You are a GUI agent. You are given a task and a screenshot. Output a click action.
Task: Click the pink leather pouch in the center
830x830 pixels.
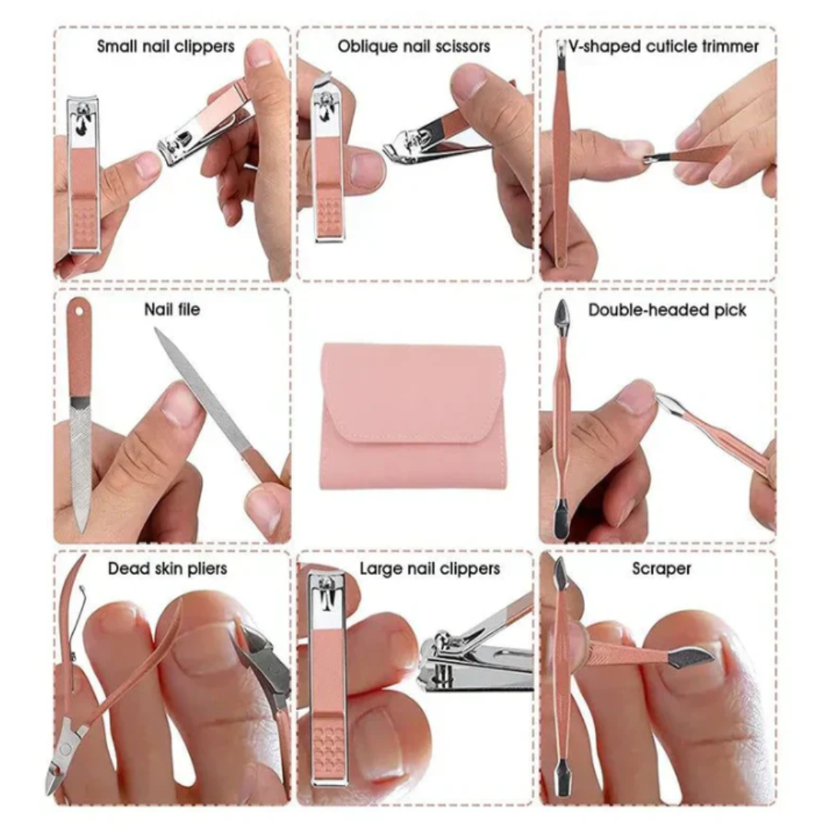pyautogui.click(x=413, y=416)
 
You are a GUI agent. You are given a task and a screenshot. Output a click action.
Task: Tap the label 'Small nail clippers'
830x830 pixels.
pyautogui.click(x=166, y=47)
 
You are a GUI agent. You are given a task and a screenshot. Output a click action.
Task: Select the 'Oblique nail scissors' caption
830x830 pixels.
pyautogui.click(x=414, y=47)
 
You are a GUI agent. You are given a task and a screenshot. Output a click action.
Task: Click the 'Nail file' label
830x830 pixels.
pyautogui.click(x=172, y=309)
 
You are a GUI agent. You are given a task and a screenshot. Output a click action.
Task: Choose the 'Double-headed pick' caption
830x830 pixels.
pyautogui.click(x=667, y=310)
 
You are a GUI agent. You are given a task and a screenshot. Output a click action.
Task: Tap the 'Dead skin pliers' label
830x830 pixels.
pyautogui.click(x=168, y=569)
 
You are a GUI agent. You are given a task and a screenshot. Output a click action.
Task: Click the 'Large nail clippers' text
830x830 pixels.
pyautogui.click(x=430, y=569)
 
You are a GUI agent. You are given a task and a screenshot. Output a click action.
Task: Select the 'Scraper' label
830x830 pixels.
pyautogui.click(x=662, y=569)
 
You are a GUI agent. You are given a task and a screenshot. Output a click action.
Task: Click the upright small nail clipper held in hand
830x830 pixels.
pyautogui.click(x=84, y=174)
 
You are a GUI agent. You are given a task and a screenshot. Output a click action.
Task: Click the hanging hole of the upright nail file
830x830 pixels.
pyautogui.click(x=79, y=312)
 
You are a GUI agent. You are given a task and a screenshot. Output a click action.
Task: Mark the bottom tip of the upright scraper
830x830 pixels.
pyautogui.click(x=562, y=794)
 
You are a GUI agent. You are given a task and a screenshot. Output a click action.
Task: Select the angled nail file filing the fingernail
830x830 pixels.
pyautogui.click(x=217, y=404)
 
